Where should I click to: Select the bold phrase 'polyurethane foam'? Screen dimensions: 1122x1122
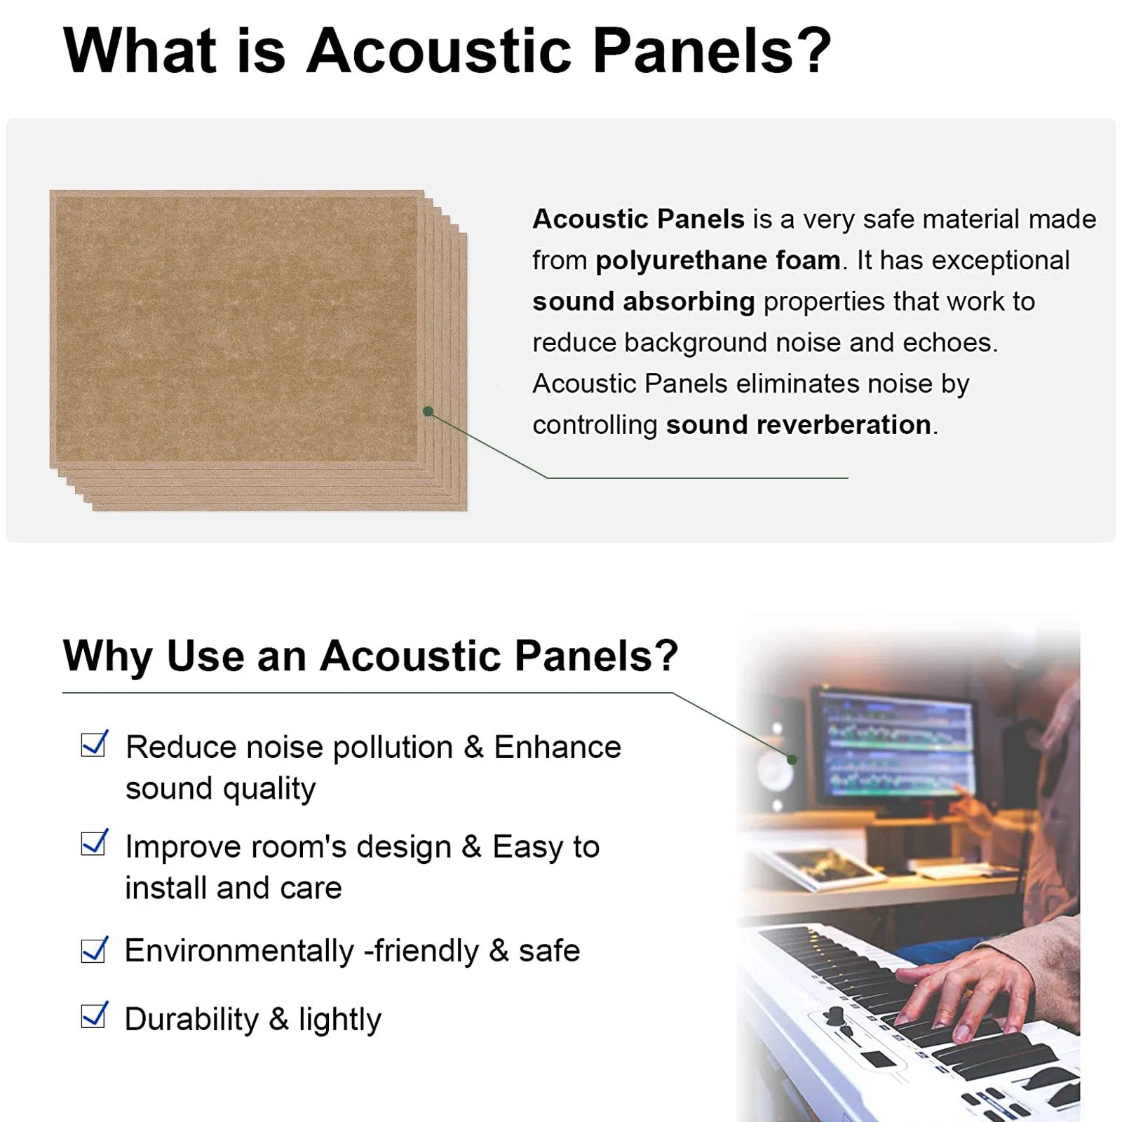717,260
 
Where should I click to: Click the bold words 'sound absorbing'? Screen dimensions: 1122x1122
643,302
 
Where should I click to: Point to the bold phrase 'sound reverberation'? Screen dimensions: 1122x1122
798,425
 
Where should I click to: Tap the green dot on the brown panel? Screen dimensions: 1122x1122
428,411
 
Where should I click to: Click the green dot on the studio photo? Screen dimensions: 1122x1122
792,759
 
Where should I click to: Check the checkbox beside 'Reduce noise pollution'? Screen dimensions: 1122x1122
93,745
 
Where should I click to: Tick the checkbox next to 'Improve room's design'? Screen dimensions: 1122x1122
93,844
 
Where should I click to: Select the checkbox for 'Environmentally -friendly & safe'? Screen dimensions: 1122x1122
93,950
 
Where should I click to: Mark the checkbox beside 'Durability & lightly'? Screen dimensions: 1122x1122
93,1016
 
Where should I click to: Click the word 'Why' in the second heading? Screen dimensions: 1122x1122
107,656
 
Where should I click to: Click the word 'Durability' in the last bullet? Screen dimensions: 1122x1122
191,1019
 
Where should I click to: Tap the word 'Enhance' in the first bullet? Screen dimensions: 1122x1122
557,747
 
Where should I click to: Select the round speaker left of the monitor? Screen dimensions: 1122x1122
773,771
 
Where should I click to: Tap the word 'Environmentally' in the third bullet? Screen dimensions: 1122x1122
239,951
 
